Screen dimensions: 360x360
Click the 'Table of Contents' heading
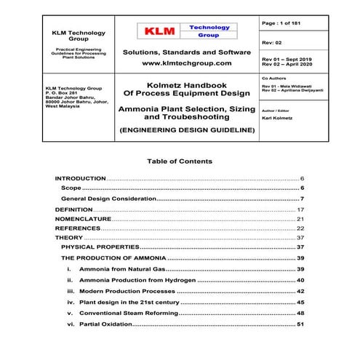(x=180, y=161)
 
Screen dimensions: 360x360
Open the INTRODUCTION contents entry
(x=80, y=178)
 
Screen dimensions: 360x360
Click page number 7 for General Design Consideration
(x=301, y=199)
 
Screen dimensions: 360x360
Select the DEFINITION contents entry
(x=74, y=209)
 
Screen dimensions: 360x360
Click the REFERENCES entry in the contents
(x=79, y=228)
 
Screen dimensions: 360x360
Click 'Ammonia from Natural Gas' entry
(x=121, y=269)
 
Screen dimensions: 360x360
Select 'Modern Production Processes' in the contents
(x=126, y=290)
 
